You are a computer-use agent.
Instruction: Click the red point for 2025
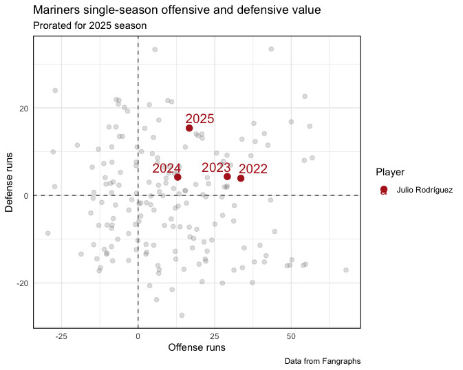click(189, 128)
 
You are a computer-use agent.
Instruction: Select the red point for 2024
click(177, 177)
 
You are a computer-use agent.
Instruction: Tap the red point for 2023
click(227, 176)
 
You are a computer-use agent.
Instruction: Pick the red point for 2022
click(241, 178)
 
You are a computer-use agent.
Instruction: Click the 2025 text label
click(200, 119)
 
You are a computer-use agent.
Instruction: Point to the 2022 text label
click(253, 169)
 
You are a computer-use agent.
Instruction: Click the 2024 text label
click(166, 168)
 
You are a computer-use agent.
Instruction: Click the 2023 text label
click(216, 167)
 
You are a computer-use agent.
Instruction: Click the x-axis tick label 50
click(291, 336)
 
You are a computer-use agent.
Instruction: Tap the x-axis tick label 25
click(215, 336)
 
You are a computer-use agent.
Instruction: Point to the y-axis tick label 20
click(23, 108)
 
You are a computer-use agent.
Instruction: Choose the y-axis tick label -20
click(21, 283)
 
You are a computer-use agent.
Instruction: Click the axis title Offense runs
click(197, 348)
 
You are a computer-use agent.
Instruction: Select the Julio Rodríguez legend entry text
click(424, 189)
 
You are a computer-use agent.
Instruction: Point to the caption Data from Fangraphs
click(322, 361)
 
